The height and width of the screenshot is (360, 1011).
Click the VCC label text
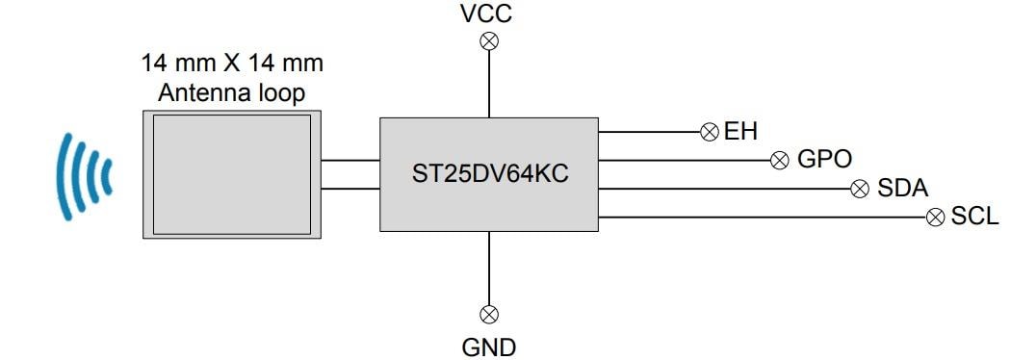point(486,13)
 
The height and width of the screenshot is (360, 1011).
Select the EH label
point(740,132)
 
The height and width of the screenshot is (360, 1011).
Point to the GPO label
point(824,160)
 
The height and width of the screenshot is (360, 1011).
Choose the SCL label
point(975,217)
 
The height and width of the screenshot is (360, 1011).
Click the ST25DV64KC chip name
point(488,174)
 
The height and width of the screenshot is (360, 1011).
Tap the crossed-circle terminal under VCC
point(489,40)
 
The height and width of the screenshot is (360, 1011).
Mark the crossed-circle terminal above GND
point(489,314)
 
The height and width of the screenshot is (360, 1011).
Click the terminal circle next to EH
point(710,132)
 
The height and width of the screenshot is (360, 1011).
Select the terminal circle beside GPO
point(781,160)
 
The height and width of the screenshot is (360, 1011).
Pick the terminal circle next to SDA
point(860,189)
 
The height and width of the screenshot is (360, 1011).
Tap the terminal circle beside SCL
point(934,217)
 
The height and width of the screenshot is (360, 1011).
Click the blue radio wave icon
point(85,175)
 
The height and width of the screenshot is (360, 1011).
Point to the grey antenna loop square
point(231,173)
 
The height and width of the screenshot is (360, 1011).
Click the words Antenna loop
point(231,93)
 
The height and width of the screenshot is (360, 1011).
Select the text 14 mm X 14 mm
point(232,65)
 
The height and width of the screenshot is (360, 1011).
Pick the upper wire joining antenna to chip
point(349,161)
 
